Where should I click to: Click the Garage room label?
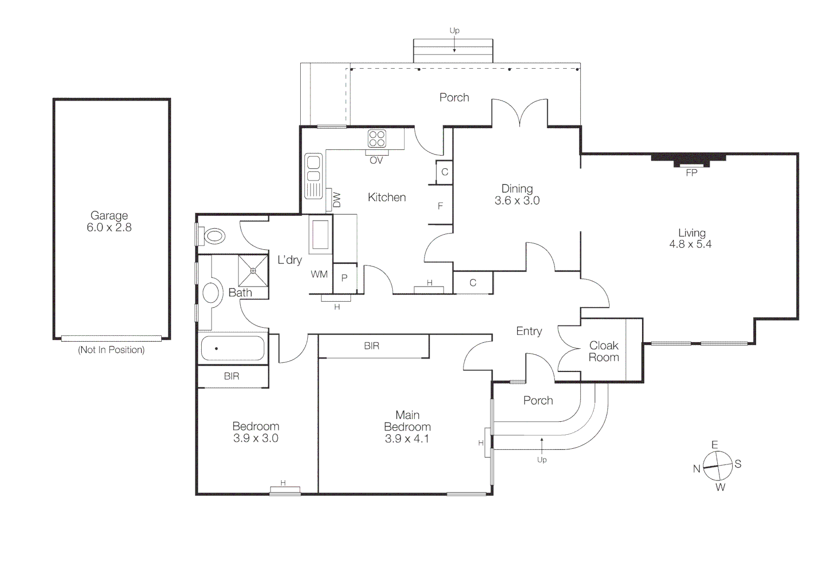tap(109, 216)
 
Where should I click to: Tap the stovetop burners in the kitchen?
tap(377, 138)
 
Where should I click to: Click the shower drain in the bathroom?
tap(253, 270)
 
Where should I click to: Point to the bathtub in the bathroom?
tap(233, 348)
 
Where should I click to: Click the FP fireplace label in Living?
tap(691, 173)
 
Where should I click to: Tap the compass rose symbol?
tap(718, 466)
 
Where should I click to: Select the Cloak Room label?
tap(604, 351)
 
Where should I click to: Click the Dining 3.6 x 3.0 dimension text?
tap(517, 201)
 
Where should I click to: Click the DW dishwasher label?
tap(337, 200)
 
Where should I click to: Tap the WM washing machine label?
tap(319, 274)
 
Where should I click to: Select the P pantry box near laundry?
tap(345, 278)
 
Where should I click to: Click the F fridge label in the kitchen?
tap(440, 206)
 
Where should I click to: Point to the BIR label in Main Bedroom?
tap(372, 346)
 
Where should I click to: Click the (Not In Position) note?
tap(111, 350)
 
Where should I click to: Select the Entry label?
tap(529, 331)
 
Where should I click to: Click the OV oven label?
tap(376, 161)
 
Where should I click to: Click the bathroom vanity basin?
tap(210, 293)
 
